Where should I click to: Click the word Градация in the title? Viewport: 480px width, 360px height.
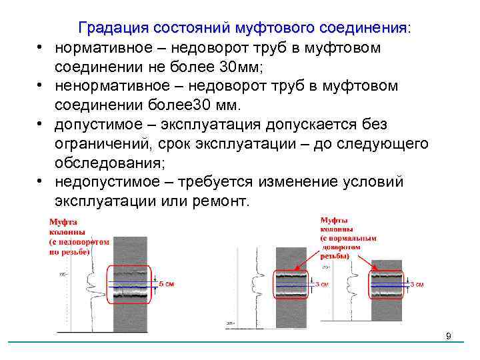click(113, 29)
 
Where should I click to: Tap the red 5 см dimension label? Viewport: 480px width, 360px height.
click(166, 283)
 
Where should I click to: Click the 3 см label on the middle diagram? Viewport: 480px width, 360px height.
click(322, 283)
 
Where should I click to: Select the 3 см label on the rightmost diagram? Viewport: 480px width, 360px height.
click(417, 284)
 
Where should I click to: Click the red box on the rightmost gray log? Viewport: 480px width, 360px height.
click(386, 280)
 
